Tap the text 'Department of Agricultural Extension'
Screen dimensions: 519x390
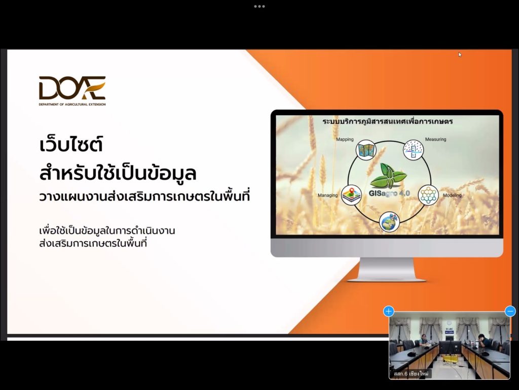coord(72,105)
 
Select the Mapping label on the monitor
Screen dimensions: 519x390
coord(345,139)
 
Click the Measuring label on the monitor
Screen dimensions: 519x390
coord(435,139)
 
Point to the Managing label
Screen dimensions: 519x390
coord(328,195)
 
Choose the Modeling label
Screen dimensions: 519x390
coord(452,195)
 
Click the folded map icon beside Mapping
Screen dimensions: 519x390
coord(366,150)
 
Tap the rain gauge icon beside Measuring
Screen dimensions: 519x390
coord(413,150)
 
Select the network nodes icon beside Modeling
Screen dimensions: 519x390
coord(428,195)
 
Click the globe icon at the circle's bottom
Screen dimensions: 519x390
coord(390,222)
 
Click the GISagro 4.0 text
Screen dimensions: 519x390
coord(389,193)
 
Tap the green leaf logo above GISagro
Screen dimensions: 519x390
coord(388,176)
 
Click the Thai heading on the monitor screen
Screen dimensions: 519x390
coord(388,121)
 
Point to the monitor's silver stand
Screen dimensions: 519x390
coord(387,269)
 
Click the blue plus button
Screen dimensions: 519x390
coord(389,311)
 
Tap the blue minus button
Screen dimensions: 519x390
coord(510,311)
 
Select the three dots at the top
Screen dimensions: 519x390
coord(259,6)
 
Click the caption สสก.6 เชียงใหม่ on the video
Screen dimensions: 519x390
coord(411,374)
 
